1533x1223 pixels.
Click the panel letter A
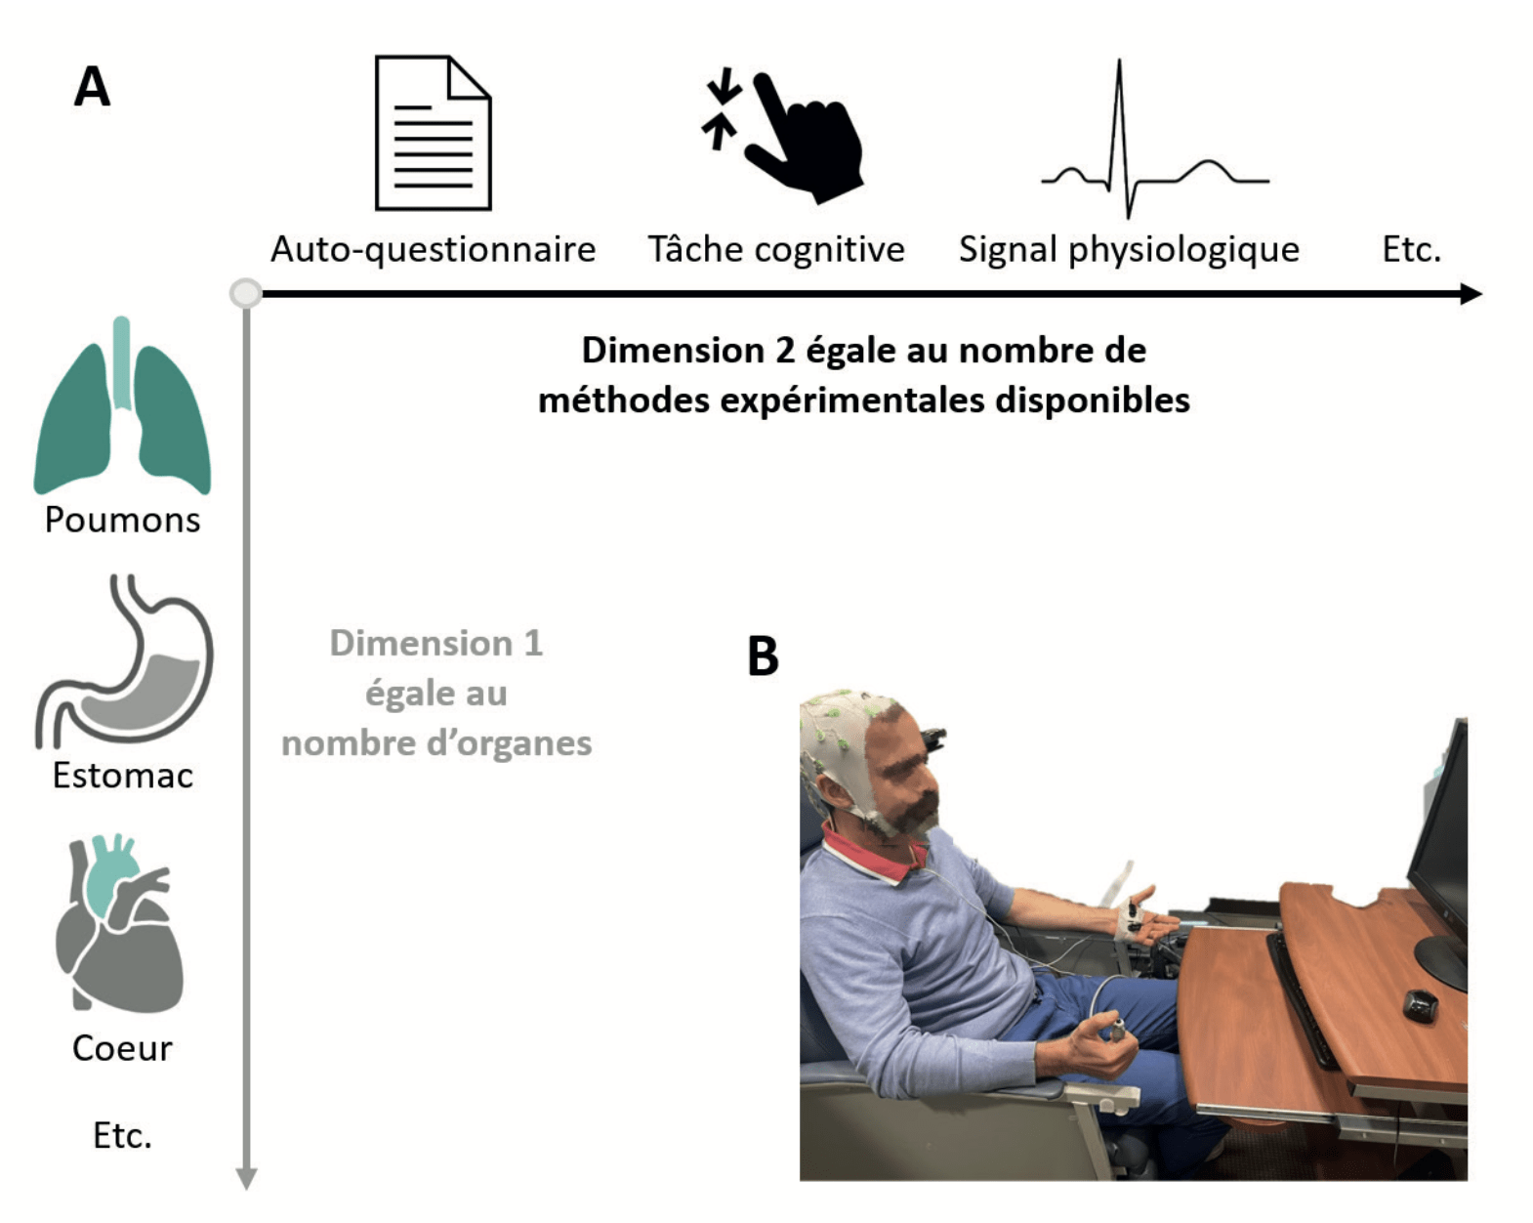[x=92, y=87]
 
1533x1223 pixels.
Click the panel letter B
[x=763, y=655]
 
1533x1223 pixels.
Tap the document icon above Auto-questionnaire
[x=434, y=133]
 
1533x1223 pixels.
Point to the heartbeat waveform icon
[x=1155, y=139]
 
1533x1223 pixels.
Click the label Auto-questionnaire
[x=434, y=249]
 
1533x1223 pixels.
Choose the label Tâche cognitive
[x=775, y=249]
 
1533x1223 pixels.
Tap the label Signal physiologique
[x=1129, y=249]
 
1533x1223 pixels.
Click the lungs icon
[x=122, y=404]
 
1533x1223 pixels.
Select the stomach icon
[x=125, y=661]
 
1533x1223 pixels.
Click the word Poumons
[x=122, y=520]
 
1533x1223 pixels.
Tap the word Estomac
[x=122, y=776]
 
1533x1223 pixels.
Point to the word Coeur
[x=122, y=1048]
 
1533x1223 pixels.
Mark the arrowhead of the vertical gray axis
[x=246, y=1179]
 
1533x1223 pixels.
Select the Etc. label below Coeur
[x=122, y=1135]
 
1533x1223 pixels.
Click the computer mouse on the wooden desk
[x=1420, y=1005]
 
